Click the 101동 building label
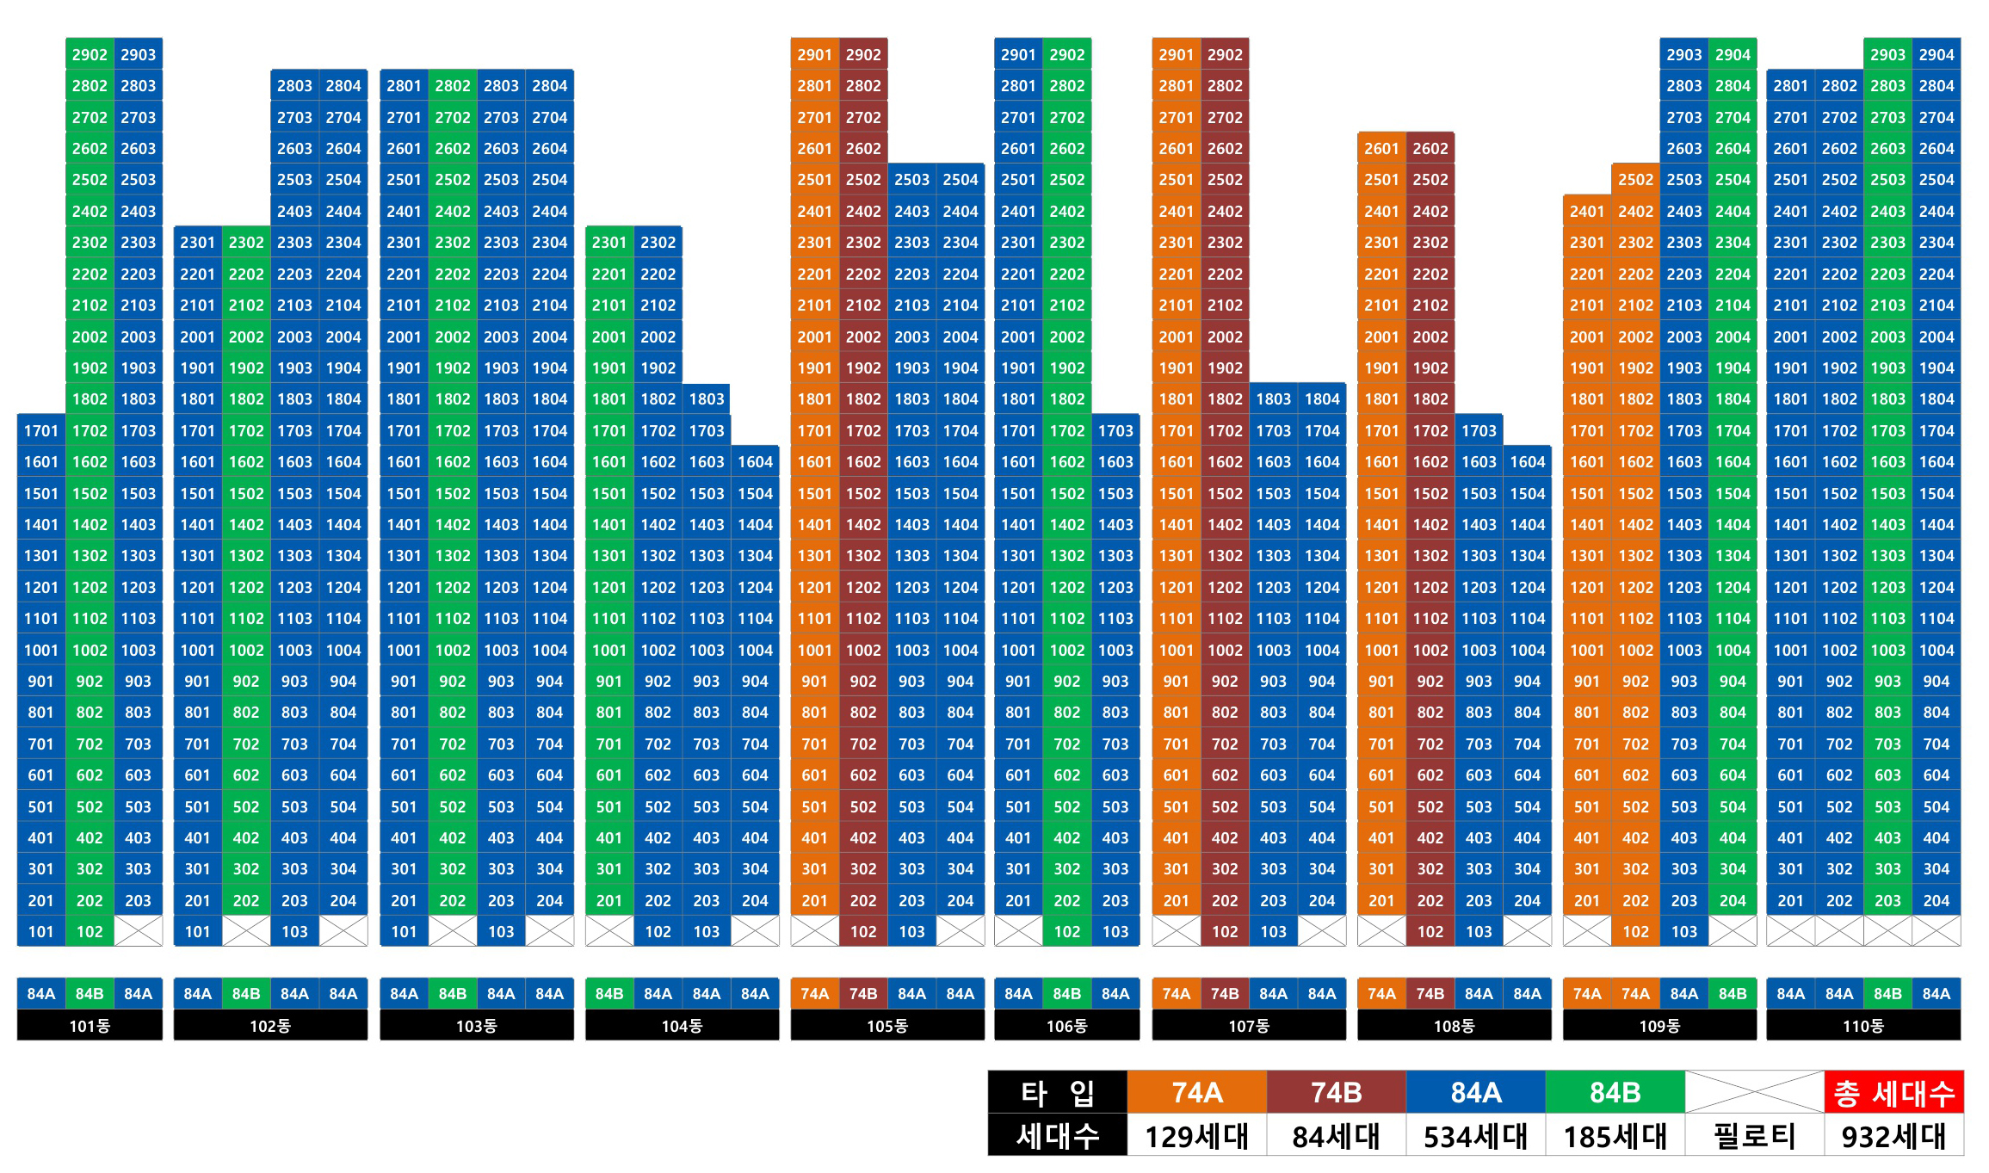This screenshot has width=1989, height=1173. [90, 1026]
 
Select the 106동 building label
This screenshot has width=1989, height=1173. [1066, 1026]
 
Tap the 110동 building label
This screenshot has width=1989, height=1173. [1863, 1026]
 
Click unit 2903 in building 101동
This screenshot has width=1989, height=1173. [138, 54]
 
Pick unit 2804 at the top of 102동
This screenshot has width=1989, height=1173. [343, 85]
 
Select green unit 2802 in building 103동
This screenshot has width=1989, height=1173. [452, 85]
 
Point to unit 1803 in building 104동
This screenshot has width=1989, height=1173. [706, 398]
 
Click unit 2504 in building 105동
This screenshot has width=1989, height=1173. [960, 179]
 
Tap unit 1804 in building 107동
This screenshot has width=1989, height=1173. [1321, 398]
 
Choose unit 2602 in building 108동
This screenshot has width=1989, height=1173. [1430, 148]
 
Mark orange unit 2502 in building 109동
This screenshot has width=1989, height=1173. [1635, 179]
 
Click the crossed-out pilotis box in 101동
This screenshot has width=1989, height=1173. [138, 931]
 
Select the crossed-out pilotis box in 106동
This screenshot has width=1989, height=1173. [1017, 931]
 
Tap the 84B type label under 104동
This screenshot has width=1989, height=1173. [608, 993]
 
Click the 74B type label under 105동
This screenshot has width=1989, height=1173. [862, 993]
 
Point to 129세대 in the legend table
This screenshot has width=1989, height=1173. [1196, 1136]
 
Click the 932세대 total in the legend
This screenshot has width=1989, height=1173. [1893, 1136]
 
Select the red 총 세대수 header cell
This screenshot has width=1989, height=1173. [1893, 1093]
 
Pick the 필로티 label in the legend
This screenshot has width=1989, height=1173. [1754, 1136]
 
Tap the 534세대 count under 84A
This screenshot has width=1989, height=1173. [1475, 1136]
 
